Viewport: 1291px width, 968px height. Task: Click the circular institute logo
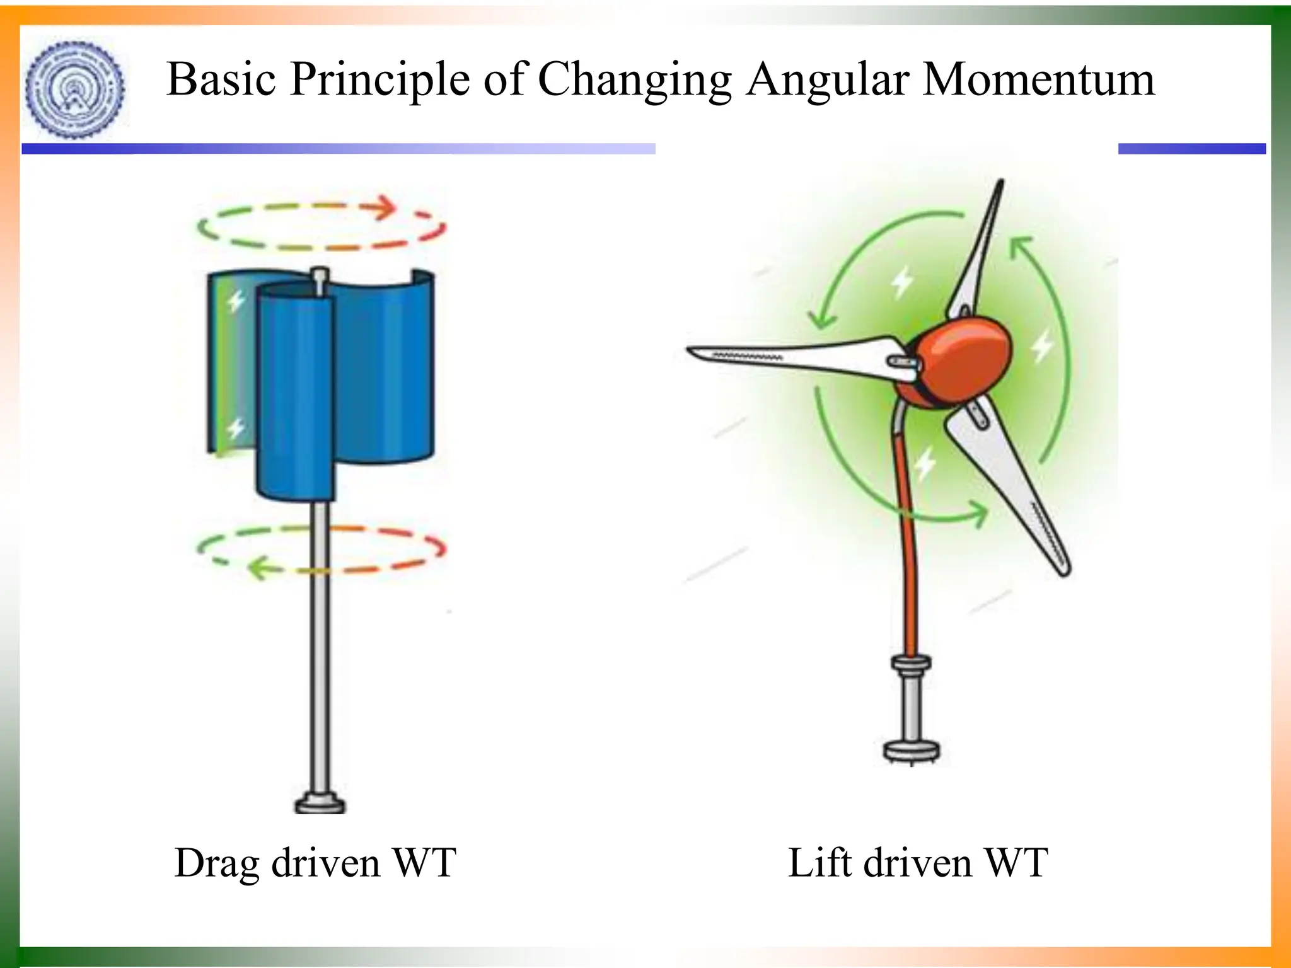(x=75, y=89)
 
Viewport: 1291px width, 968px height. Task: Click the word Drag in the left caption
(x=216, y=863)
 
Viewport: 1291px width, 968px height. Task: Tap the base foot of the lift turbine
(x=912, y=751)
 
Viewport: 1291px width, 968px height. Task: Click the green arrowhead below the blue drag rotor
(x=258, y=568)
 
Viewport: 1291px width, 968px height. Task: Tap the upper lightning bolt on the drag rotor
(x=236, y=301)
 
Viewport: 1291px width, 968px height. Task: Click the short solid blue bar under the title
(x=1191, y=149)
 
